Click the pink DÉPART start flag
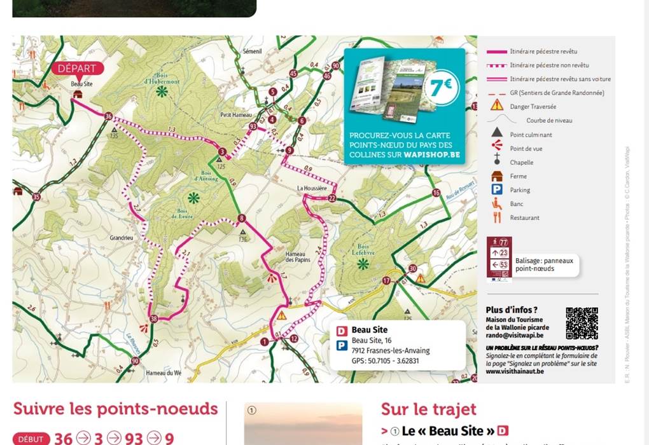click(77, 69)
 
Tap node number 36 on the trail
click(108, 116)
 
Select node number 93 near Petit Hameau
click(253, 126)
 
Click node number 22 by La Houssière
click(331, 198)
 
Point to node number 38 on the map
click(153, 318)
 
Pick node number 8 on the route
click(241, 219)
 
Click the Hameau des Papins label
click(298, 257)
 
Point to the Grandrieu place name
click(121, 238)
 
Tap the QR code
click(582, 324)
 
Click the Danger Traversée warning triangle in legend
click(497, 106)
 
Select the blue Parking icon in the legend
click(497, 189)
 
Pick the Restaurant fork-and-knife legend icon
click(497, 217)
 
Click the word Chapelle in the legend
click(522, 162)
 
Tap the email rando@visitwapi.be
click(514, 335)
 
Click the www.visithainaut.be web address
click(514, 371)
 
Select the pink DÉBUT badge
click(31, 439)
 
